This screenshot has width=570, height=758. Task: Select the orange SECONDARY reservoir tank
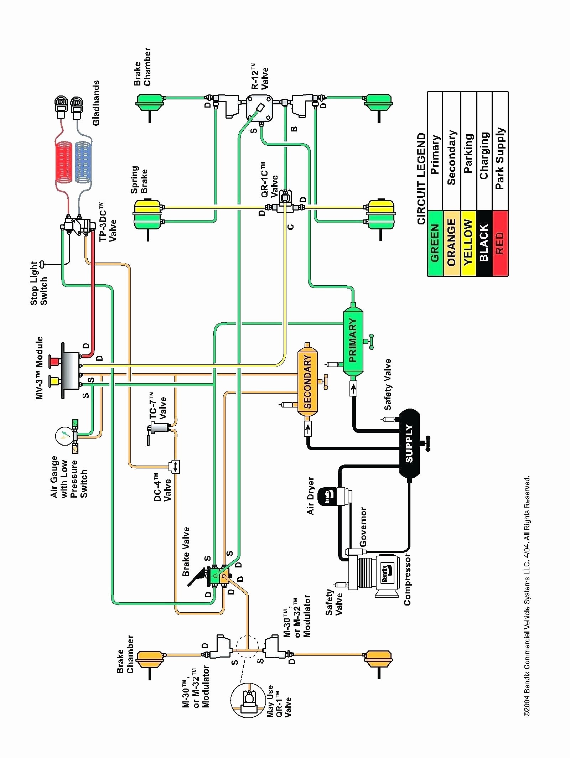click(307, 380)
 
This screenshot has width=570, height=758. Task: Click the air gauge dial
click(64, 435)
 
